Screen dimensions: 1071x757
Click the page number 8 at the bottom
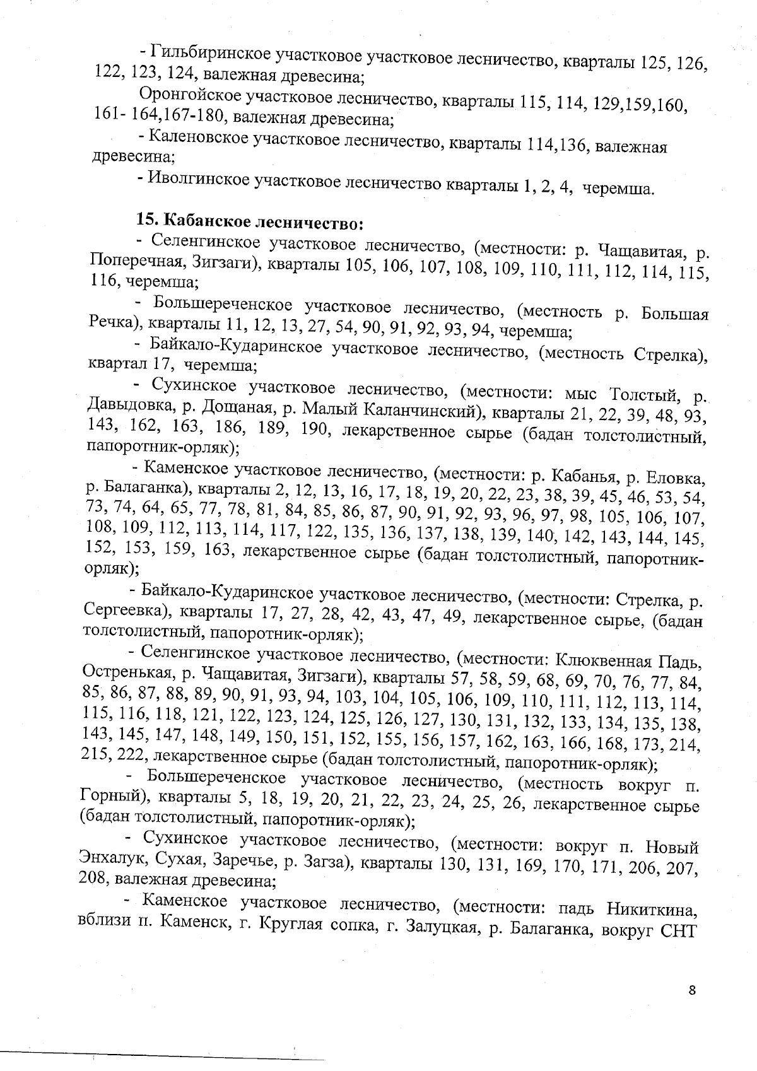pos(692,990)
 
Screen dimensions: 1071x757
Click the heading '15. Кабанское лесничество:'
pos(250,222)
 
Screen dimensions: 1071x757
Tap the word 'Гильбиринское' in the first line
pos(211,52)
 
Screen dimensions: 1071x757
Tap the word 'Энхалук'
pos(110,860)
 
